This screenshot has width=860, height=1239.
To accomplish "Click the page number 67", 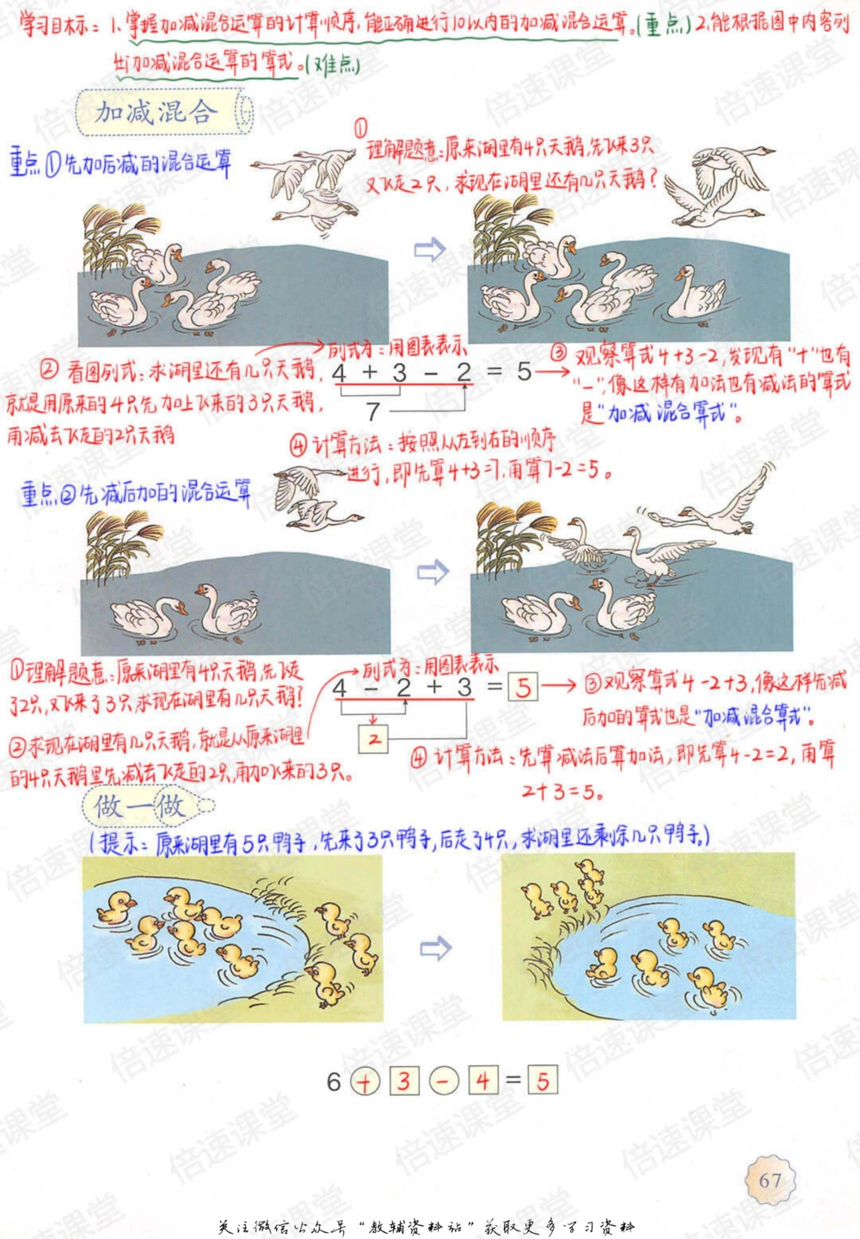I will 770,1180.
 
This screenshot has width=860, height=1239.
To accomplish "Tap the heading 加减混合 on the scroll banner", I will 155,112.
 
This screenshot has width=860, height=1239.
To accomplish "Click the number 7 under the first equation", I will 373,411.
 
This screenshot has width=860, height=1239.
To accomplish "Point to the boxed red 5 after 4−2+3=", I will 523,687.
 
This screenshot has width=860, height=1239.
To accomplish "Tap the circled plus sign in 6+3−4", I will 365,1081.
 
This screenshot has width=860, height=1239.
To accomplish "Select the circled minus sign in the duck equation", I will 444,1081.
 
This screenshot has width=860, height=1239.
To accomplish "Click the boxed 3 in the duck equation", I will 403,1081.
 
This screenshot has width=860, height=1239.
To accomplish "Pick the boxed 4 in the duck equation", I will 483,1081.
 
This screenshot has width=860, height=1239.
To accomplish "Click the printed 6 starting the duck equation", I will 334,1081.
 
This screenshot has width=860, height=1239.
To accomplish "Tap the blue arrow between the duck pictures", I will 435,949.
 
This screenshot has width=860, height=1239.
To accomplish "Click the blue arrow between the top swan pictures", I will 430,250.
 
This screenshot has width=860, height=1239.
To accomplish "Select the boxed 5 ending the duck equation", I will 542,1081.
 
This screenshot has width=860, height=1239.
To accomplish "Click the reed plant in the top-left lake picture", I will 116,232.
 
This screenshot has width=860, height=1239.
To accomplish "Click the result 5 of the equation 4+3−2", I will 525,372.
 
